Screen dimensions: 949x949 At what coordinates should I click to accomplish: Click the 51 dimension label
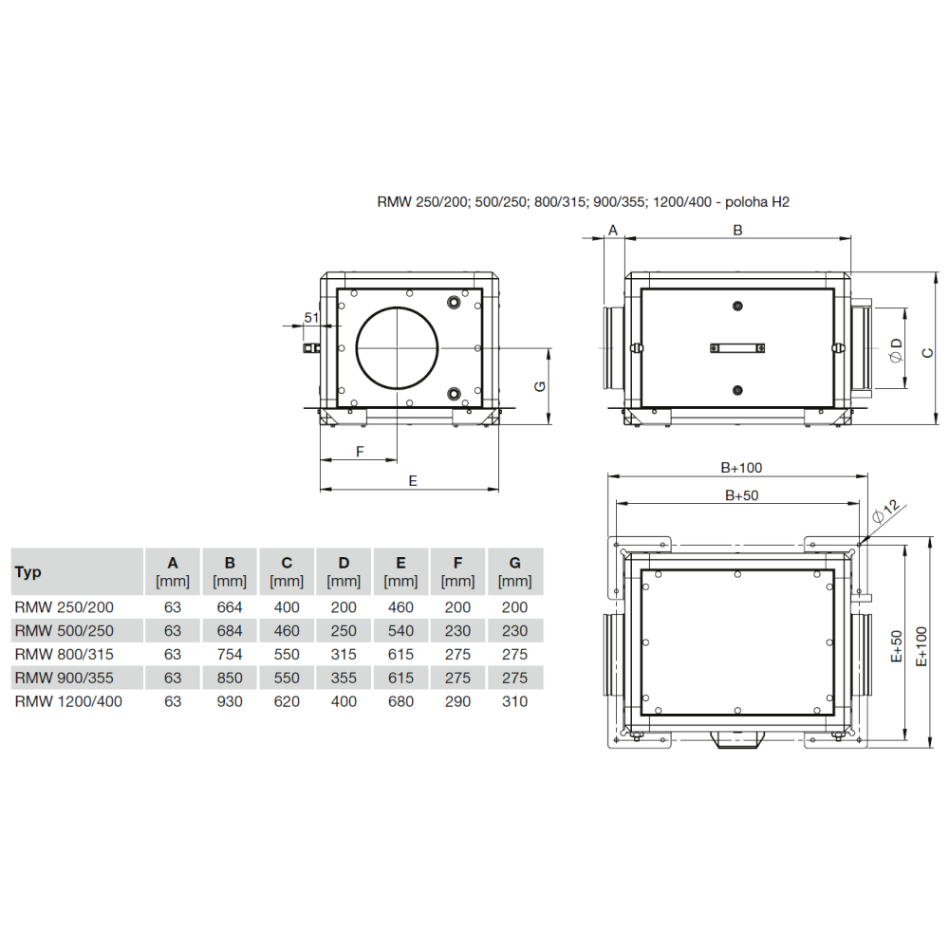(311, 317)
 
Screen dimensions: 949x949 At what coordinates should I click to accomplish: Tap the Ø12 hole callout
(886, 512)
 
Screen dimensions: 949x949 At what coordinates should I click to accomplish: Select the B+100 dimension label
(741, 467)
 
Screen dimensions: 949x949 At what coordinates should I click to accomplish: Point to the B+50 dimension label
(741, 495)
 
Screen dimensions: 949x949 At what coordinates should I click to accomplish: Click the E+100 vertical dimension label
(921, 646)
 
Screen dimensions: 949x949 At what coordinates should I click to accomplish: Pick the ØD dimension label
(897, 351)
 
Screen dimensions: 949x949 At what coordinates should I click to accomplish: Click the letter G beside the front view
(541, 385)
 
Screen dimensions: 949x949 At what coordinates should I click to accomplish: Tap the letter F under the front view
(360, 452)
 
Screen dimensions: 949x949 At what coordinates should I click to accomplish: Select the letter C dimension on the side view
(928, 352)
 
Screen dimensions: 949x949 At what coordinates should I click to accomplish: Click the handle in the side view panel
(737, 347)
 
